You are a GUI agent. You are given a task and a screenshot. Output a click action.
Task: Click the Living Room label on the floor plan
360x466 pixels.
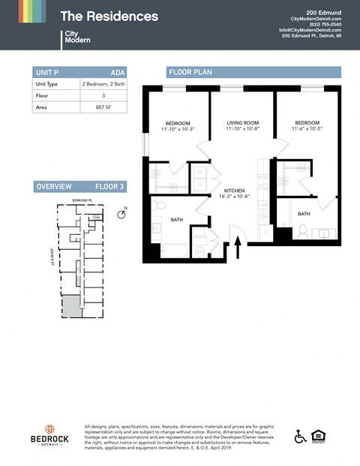tap(242, 123)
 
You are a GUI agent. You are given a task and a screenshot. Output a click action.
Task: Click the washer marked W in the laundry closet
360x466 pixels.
tap(200, 172)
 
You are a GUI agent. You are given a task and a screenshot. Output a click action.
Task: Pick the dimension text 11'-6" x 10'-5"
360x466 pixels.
tap(307, 129)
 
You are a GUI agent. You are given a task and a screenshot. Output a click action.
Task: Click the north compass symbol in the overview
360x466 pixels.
tap(124, 215)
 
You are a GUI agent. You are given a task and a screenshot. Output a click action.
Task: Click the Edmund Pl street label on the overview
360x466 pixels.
tap(80, 200)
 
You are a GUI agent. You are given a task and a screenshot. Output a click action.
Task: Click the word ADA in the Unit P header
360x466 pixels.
tap(118, 72)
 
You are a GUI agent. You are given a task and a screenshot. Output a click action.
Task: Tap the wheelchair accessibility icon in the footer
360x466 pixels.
tap(299, 437)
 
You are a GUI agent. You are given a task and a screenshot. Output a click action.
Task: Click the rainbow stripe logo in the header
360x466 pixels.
tap(22, 11)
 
